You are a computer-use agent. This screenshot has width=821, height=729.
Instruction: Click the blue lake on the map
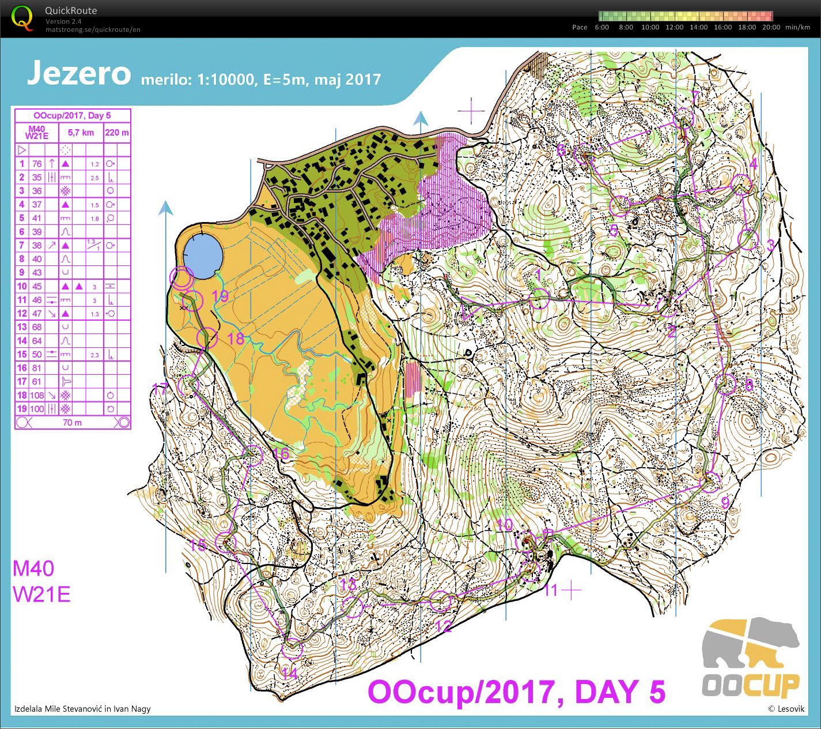(x=202, y=254)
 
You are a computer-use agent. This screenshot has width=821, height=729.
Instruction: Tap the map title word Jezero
(x=79, y=73)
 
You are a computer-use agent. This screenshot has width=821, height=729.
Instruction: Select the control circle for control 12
(x=441, y=602)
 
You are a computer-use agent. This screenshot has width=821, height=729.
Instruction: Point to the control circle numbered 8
(x=726, y=384)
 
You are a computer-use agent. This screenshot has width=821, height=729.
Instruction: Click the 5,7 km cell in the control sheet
(x=81, y=133)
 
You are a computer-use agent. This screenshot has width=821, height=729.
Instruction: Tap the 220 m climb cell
(x=117, y=133)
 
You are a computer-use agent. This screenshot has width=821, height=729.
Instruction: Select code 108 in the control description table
(x=37, y=395)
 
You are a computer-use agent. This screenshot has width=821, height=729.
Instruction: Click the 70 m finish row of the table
(x=73, y=422)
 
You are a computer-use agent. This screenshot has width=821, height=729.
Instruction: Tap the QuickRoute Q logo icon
(x=22, y=17)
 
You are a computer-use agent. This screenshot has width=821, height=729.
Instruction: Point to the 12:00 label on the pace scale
(x=674, y=27)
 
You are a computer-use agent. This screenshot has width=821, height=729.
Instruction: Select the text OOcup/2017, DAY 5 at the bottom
(x=516, y=692)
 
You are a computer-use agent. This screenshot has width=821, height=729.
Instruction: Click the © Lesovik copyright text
(x=786, y=709)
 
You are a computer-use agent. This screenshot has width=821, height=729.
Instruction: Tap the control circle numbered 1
(x=540, y=299)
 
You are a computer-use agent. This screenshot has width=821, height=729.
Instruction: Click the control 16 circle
(x=254, y=456)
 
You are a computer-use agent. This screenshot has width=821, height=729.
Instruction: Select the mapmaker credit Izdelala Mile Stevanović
(x=82, y=709)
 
